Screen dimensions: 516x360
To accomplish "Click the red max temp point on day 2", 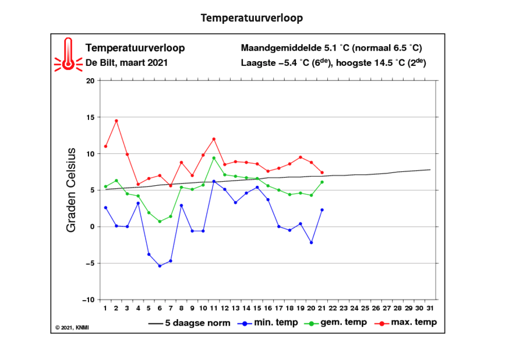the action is pyautogui.click(x=116, y=121).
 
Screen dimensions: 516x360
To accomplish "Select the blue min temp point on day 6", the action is pyautogui.click(x=160, y=266).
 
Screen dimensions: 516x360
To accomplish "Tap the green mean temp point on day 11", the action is pyautogui.click(x=214, y=158).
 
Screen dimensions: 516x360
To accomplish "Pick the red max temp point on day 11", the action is pyautogui.click(x=214, y=139).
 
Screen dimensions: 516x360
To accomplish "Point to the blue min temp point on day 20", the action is pyautogui.click(x=312, y=242).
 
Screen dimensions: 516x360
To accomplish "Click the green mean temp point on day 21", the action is pyautogui.click(x=322, y=182).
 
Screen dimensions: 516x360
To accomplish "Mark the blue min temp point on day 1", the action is pyautogui.click(x=105, y=207).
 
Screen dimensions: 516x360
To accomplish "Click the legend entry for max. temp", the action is pyautogui.click(x=406, y=323).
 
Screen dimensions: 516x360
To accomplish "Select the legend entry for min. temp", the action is pyautogui.click(x=267, y=323).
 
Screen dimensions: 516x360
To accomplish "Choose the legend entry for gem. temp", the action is pyautogui.click(x=335, y=323).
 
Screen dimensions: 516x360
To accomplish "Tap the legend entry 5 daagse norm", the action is pyautogui.click(x=189, y=323).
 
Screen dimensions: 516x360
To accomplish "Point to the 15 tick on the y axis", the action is pyautogui.click(x=90, y=117).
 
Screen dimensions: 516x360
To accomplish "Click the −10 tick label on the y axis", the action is pyautogui.click(x=88, y=300).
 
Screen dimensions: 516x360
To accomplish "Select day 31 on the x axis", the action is pyautogui.click(x=430, y=308).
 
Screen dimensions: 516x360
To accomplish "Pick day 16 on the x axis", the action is pyautogui.click(x=268, y=308).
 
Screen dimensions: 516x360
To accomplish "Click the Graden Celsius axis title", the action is pyautogui.click(x=71, y=190).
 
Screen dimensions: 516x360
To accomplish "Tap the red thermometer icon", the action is pyautogui.click(x=68, y=54).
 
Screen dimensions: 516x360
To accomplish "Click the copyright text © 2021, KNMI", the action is pyautogui.click(x=72, y=328).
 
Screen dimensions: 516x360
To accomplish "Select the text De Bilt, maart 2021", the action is pyautogui.click(x=127, y=62).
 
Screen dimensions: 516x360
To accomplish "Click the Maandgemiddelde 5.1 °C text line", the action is pyautogui.click(x=331, y=48).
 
